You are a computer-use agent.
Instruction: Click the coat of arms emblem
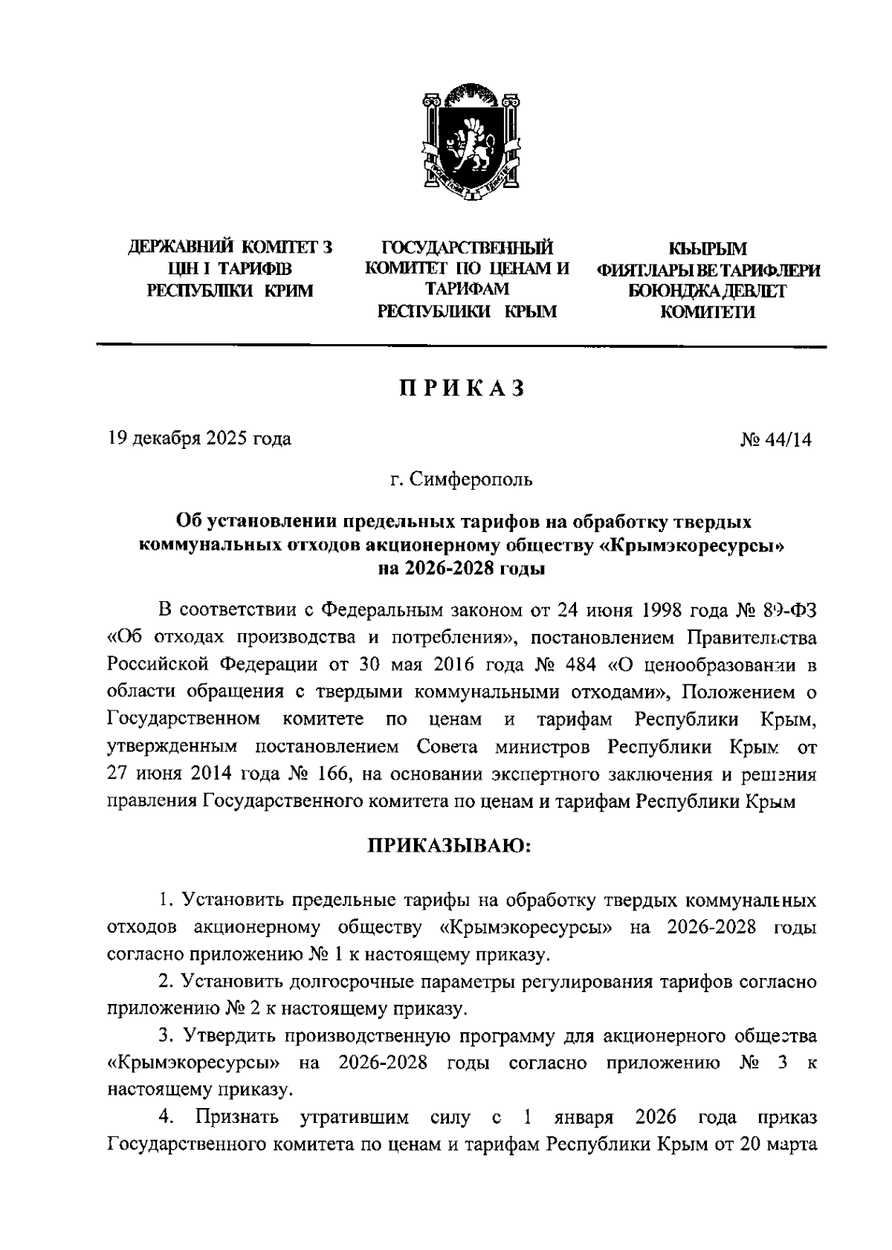[467, 143]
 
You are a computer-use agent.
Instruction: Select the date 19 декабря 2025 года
[199, 438]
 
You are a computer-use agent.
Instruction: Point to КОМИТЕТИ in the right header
[708, 312]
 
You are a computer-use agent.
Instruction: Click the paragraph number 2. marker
[167, 982]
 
